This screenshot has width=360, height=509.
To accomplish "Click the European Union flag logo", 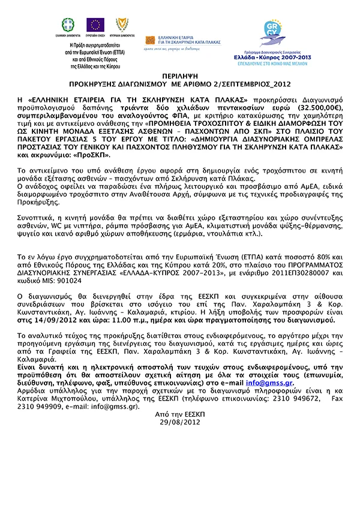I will [x=95, y=25].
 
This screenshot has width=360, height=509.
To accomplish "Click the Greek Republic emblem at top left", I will [x=69, y=25].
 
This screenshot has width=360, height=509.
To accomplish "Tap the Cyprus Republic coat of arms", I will [x=121, y=25].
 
